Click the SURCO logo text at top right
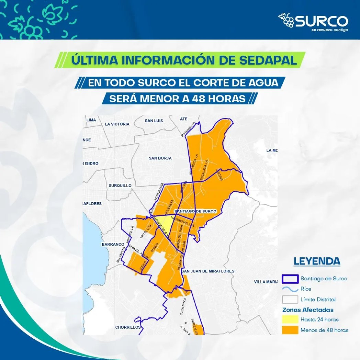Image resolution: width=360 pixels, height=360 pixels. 321,21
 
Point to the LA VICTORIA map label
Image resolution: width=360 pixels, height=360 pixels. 117,124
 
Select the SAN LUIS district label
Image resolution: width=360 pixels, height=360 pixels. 154,121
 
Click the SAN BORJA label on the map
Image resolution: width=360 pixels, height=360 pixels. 160,158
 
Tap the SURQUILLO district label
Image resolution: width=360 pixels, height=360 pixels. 120,185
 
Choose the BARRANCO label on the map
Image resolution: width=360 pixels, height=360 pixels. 113,245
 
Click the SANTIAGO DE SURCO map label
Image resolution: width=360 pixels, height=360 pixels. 195,211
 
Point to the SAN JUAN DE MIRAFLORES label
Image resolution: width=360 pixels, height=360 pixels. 208,271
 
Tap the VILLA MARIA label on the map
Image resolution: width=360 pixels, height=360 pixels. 266,282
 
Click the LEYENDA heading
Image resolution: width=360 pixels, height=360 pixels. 317,261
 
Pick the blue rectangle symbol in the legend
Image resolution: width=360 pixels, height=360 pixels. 289,279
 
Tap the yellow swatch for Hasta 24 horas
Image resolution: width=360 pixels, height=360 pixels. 289,319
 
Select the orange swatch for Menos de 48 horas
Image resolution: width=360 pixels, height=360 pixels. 289,330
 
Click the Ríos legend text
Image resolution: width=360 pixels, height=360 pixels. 306,289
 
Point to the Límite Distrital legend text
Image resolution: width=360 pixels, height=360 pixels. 318,300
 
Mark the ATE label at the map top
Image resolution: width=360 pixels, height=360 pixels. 183,119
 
